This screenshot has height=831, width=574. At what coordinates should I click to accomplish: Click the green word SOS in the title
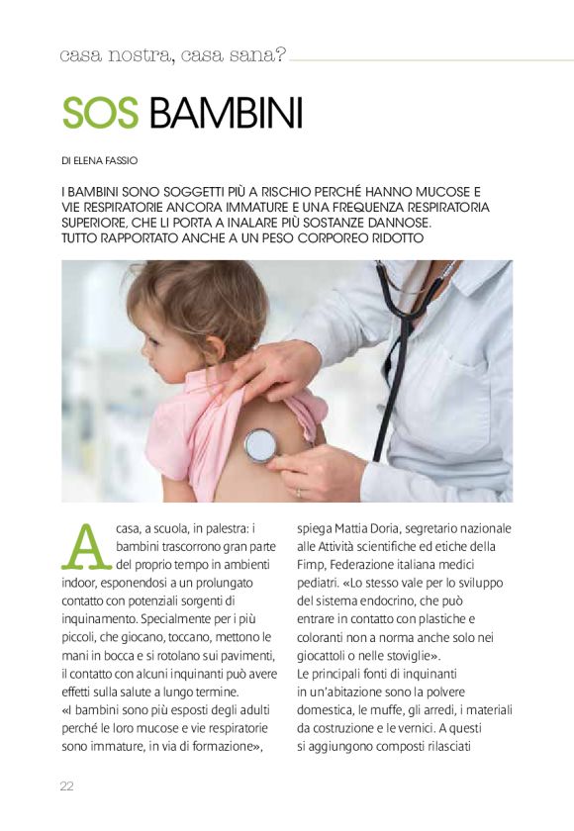[x=100, y=114]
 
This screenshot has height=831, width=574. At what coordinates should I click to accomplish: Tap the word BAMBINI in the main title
[x=225, y=114]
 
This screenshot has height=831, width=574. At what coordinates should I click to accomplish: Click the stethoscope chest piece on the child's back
[x=261, y=445]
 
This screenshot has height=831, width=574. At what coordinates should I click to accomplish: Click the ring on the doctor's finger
[x=298, y=490]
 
